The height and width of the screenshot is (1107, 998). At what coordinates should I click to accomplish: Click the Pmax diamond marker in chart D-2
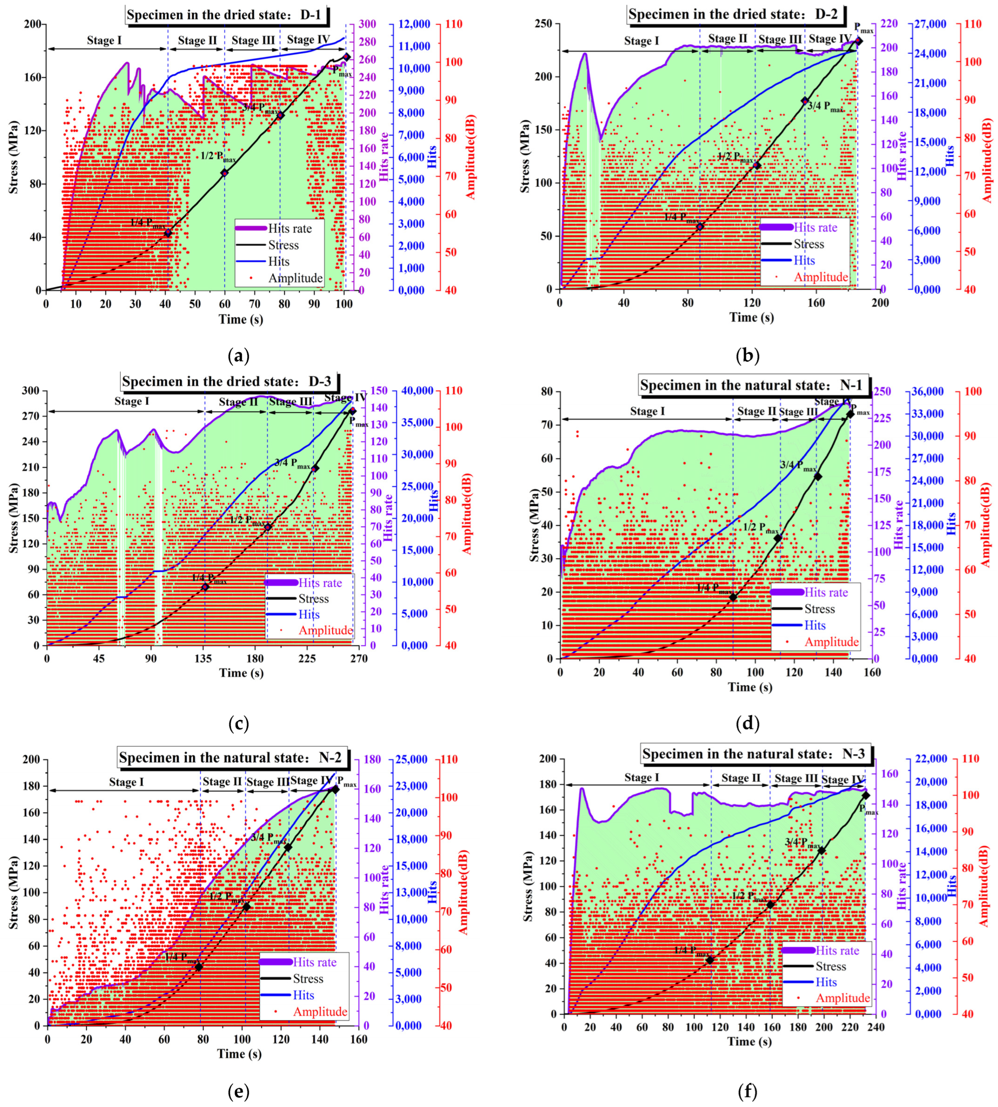[x=859, y=41]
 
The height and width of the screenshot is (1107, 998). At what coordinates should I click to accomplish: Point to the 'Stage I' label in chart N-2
[x=126, y=782]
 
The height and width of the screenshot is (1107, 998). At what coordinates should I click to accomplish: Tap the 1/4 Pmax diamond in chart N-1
[x=733, y=597]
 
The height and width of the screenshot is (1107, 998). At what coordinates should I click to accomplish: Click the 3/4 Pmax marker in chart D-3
[x=315, y=469]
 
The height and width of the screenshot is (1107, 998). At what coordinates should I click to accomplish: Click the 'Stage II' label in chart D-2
[x=728, y=39]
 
